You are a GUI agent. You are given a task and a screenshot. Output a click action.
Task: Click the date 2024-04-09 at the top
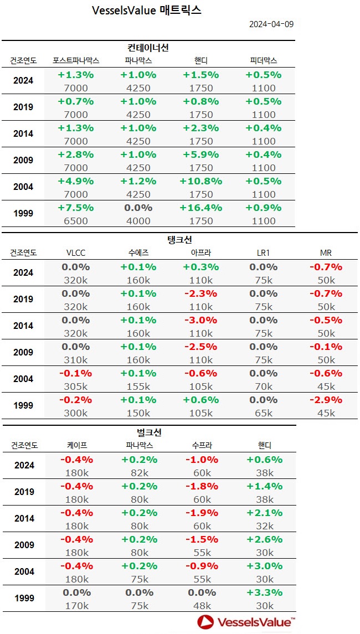click(271, 24)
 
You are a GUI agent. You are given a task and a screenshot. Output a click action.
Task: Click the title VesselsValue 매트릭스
click(147, 11)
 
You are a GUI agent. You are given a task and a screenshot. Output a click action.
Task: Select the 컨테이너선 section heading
click(148, 48)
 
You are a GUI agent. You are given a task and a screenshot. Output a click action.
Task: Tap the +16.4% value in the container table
click(200, 208)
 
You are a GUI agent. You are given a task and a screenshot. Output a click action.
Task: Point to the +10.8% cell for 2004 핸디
click(200, 181)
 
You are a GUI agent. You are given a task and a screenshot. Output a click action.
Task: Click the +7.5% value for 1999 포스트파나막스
click(76, 208)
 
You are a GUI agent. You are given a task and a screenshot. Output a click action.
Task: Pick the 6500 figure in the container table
click(76, 220)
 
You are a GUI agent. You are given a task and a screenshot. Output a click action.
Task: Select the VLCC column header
click(76, 253)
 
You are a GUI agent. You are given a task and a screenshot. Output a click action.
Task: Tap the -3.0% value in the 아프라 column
click(201, 320)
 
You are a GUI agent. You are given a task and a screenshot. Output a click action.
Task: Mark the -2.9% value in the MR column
click(326, 400)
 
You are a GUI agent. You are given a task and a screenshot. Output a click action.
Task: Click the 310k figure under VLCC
click(76, 359)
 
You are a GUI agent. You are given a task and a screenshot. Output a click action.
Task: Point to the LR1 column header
click(264, 253)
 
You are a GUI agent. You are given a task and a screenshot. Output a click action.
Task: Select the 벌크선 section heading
click(148, 432)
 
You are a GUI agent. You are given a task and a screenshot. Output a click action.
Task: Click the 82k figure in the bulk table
click(138, 472)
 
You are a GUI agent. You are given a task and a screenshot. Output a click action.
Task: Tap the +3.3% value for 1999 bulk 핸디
click(264, 592)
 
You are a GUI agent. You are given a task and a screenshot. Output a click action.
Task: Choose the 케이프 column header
click(76, 445)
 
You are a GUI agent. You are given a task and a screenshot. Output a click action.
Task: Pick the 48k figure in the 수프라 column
click(201, 605)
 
